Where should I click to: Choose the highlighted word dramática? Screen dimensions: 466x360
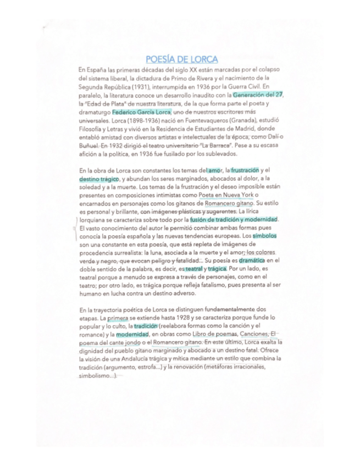tap(253, 260)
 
